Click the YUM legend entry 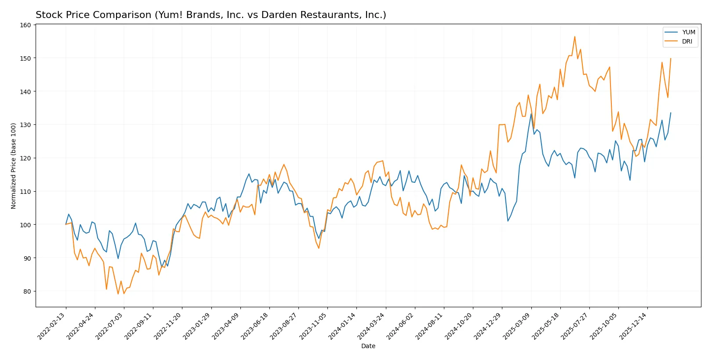[x=688, y=32]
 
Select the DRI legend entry [x=687, y=41]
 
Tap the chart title [x=211, y=15]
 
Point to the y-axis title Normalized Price [x=14, y=166]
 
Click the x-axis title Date [x=368, y=346]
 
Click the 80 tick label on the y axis [x=27, y=291]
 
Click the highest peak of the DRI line [x=574, y=36]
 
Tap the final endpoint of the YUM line [x=671, y=113]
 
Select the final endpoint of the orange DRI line [x=671, y=58]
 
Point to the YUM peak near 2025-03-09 [x=531, y=114]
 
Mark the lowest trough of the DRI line [x=118, y=294]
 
